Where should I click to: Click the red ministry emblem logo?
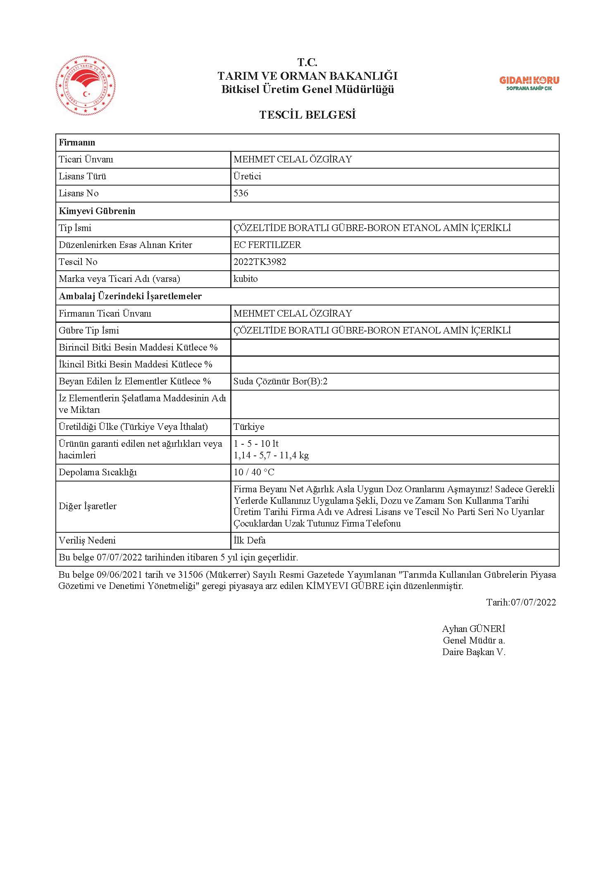point(86,86)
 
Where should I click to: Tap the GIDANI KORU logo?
point(529,83)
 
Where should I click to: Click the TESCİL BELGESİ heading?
point(307,115)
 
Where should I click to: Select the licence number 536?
point(241,193)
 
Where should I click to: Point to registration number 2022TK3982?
point(260,262)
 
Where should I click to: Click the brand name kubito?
point(246,279)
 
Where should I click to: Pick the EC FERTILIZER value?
point(267,245)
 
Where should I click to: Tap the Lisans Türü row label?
point(82,176)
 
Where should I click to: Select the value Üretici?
point(247,176)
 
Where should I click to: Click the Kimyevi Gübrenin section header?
point(97,211)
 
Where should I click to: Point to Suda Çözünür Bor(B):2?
point(280,381)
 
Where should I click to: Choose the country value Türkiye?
point(249,427)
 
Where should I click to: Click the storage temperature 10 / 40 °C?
point(254,472)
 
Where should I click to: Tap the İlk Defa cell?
point(250,540)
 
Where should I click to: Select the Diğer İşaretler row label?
point(88,506)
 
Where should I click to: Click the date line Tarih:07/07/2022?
point(521,602)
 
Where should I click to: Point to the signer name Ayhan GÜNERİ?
point(474,629)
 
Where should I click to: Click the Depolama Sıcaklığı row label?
point(98,472)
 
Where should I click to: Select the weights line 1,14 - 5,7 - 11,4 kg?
point(271,455)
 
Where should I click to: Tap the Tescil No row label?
point(78,262)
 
